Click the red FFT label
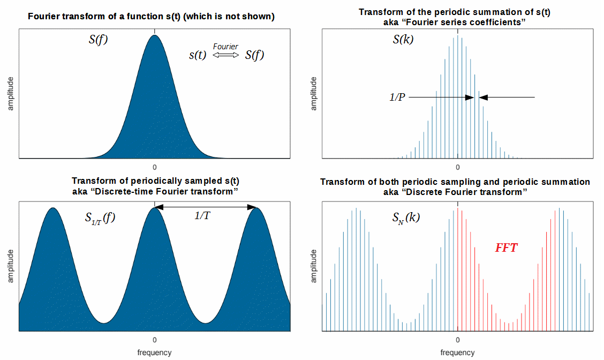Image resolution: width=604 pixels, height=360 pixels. (x=506, y=247)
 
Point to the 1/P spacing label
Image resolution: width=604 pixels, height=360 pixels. (x=397, y=97)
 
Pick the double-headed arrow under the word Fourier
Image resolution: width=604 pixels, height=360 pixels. (x=225, y=55)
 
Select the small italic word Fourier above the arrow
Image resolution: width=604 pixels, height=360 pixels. (x=225, y=47)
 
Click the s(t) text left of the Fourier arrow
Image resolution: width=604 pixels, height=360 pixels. (x=198, y=55)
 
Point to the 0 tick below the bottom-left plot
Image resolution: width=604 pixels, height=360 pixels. (x=155, y=340)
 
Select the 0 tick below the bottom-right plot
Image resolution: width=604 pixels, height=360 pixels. (x=458, y=340)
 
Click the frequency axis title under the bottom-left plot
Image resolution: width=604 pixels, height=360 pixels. (x=155, y=352)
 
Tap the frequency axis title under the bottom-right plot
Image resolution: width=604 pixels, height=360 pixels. (x=458, y=352)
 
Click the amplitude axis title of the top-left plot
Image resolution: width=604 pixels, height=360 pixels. (x=10, y=94)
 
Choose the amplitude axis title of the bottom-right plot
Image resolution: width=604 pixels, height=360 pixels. (x=314, y=266)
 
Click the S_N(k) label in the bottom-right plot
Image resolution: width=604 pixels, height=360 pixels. (x=406, y=218)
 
